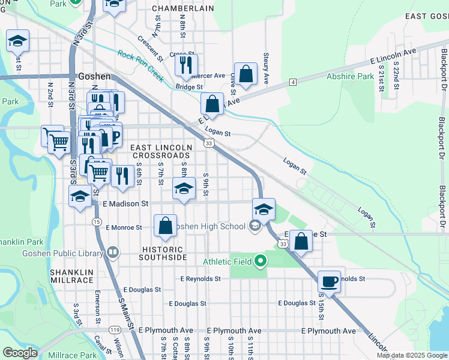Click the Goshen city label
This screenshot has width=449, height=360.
pyautogui.click(x=95, y=77)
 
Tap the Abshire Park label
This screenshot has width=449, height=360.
pyautogui.click(x=350, y=77)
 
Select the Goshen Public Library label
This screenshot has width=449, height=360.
pyautogui.click(x=62, y=253)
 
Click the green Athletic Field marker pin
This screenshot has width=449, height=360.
pyautogui.click(x=260, y=261)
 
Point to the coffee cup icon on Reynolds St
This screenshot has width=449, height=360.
pyautogui.click(x=329, y=281)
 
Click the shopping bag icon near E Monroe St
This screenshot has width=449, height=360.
pyautogui.click(x=165, y=226)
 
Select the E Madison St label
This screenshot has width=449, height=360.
pyautogui.click(x=125, y=204)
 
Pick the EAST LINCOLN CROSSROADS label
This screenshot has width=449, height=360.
pyautogui.click(x=161, y=151)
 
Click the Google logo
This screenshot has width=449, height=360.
pyautogui.click(x=20, y=353)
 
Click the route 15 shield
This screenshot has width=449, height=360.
pyautogui.click(x=97, y=222)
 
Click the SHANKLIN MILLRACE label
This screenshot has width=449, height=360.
pyautogui.click(x=71, y=277)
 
